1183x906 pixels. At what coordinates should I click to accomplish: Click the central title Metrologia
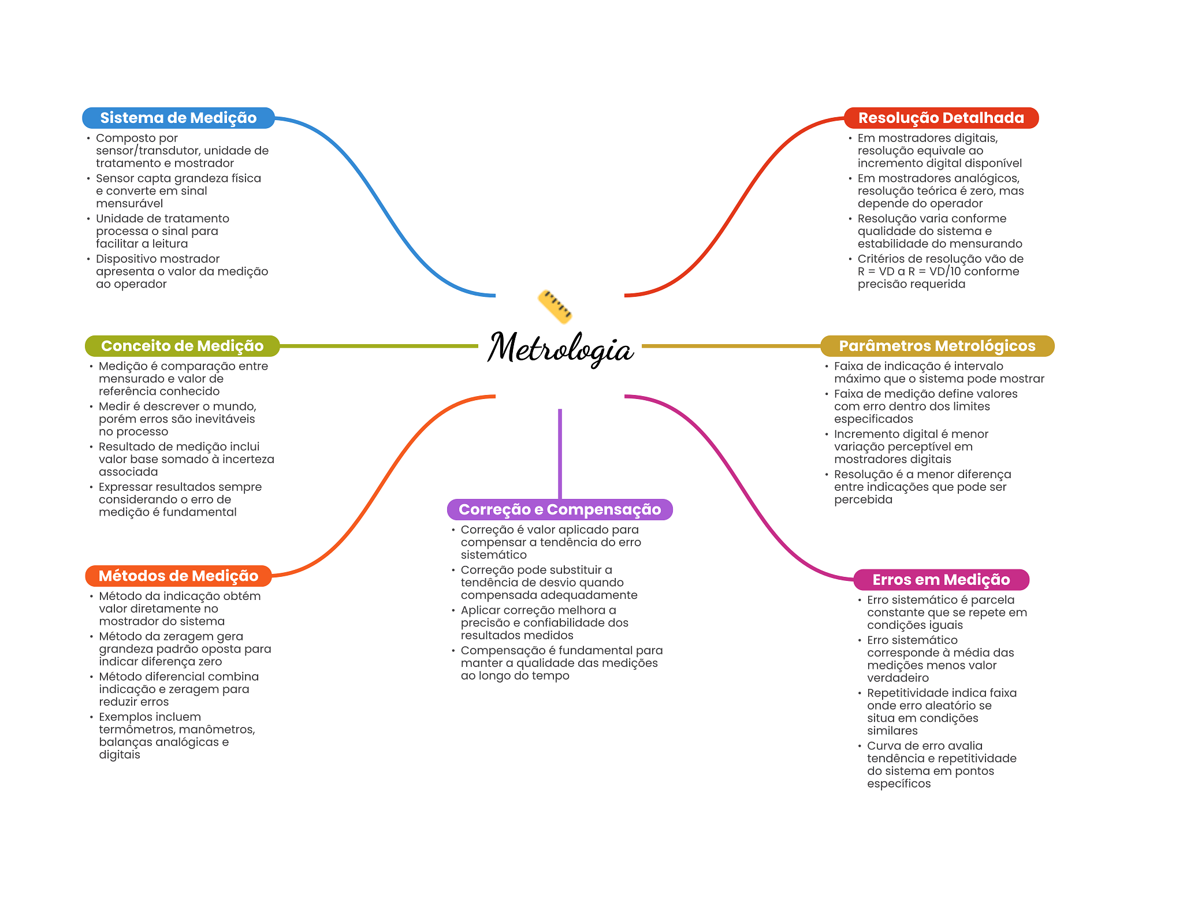pyautogui.click(x=560, y=348)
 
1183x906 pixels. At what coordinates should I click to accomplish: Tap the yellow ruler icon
pyautogui.click(x=555, y=306)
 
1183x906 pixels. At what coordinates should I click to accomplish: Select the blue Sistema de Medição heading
pyautogui.click(x=178, y=118)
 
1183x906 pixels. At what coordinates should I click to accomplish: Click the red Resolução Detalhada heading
pyautogui.click(x=941, y=118)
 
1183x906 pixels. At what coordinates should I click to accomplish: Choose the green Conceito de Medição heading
pyautogui.click(x=182, y=346)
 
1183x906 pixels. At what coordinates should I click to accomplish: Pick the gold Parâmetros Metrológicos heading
pyautogui.click(x=937, y=346)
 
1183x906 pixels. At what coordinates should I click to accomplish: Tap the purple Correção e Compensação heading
pyautogui.click(x=560, y=509)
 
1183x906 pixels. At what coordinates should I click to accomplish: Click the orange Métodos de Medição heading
pyautogui.click(x=178, y=576)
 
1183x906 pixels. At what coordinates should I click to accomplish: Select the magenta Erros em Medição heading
pyautogui.click(x=941, y=580)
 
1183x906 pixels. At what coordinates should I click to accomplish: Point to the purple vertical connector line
pyautogui.click(x=560, y=454)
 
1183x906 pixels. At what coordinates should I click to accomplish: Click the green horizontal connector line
pyautogui.click(x=379, y=346)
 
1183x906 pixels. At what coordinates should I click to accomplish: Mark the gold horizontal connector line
pyautogui.click(x=731, y=346)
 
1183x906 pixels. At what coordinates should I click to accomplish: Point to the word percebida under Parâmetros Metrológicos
pyautogui.click(x=863, y=499)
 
